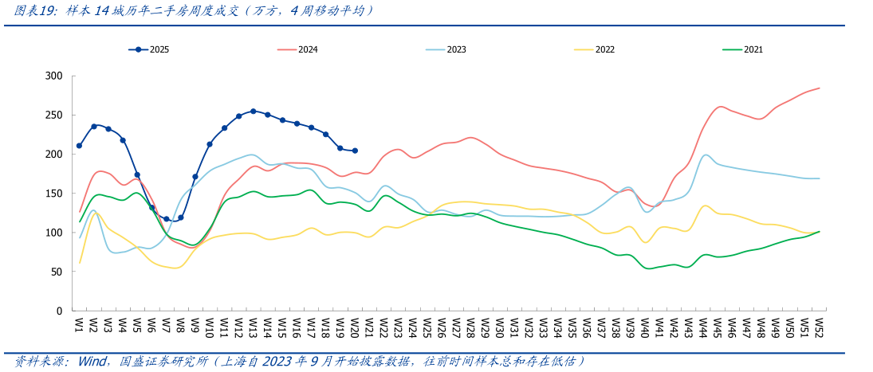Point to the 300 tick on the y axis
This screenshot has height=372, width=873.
(53, 76)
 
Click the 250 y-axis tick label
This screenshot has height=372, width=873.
(53, 115)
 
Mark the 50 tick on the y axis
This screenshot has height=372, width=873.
(56, 272)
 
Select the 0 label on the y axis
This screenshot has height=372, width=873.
(59, 311)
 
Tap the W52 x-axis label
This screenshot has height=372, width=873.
(819, 327)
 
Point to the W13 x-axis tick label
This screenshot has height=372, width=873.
(253, 327)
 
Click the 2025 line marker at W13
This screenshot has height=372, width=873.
(253, 112)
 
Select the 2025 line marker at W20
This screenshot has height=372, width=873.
(355, 151)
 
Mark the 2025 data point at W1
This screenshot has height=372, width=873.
(79, 146)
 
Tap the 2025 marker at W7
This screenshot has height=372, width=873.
(167, 219)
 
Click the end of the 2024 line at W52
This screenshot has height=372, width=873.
(819, 88)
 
